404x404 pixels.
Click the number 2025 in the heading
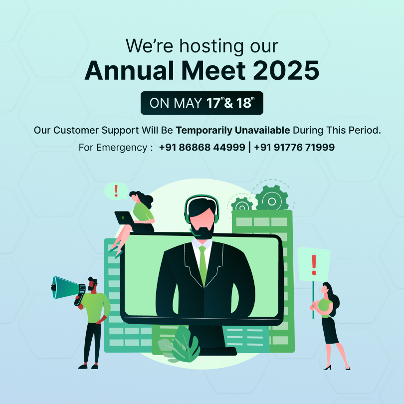coord(286,71)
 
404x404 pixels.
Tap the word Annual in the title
coord(129,71)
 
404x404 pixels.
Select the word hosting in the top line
coord(211,47)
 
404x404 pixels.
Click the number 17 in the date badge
coord(213,103)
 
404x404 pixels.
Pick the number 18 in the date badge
coord(243,103)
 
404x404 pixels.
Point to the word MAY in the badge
coord(188,103)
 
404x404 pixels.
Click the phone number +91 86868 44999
coord(202,147)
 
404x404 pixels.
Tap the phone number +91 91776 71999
coord(294,147)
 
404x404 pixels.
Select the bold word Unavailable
coord(262,130)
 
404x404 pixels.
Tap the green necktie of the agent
coord(202,266)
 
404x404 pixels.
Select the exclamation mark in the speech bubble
coord(116,191)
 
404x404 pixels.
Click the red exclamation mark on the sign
coord(314,265)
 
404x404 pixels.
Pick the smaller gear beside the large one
coord(242,205)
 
